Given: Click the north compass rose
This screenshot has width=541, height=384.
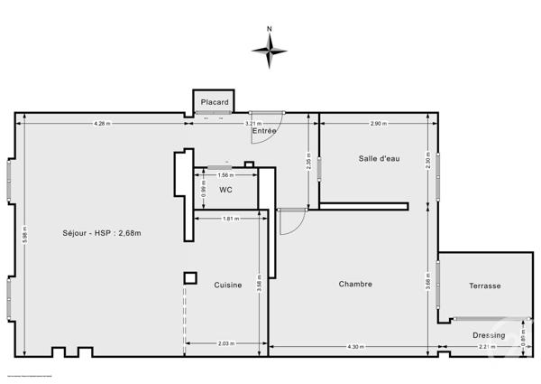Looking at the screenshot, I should pos(270,52).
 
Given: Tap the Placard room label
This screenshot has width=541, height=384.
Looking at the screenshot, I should pos(214,102).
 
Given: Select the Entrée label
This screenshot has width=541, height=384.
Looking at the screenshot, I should pos(263,131).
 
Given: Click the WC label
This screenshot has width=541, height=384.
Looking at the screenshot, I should pos(225,190).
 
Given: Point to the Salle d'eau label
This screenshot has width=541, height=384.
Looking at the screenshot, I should pos(379,158).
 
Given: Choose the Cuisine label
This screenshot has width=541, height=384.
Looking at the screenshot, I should pos(227,285).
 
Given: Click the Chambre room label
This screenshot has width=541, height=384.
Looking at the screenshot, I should pos(355,284).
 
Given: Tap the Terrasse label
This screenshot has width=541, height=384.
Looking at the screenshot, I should pos(484,286).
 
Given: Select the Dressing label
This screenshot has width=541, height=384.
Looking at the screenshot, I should pos(489,334).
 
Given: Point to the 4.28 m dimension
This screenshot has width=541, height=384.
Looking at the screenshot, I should pos(101,123).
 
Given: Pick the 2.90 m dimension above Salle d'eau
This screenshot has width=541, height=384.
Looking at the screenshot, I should pos(379,123).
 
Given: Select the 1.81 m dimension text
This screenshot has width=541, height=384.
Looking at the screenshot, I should pos(229,219).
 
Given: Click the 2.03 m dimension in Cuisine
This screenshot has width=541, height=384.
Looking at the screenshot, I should pos(225,342).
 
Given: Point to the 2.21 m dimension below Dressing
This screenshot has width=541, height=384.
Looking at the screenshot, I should pos(486,347).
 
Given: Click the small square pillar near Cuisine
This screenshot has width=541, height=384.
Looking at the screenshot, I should pos(189,277).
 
